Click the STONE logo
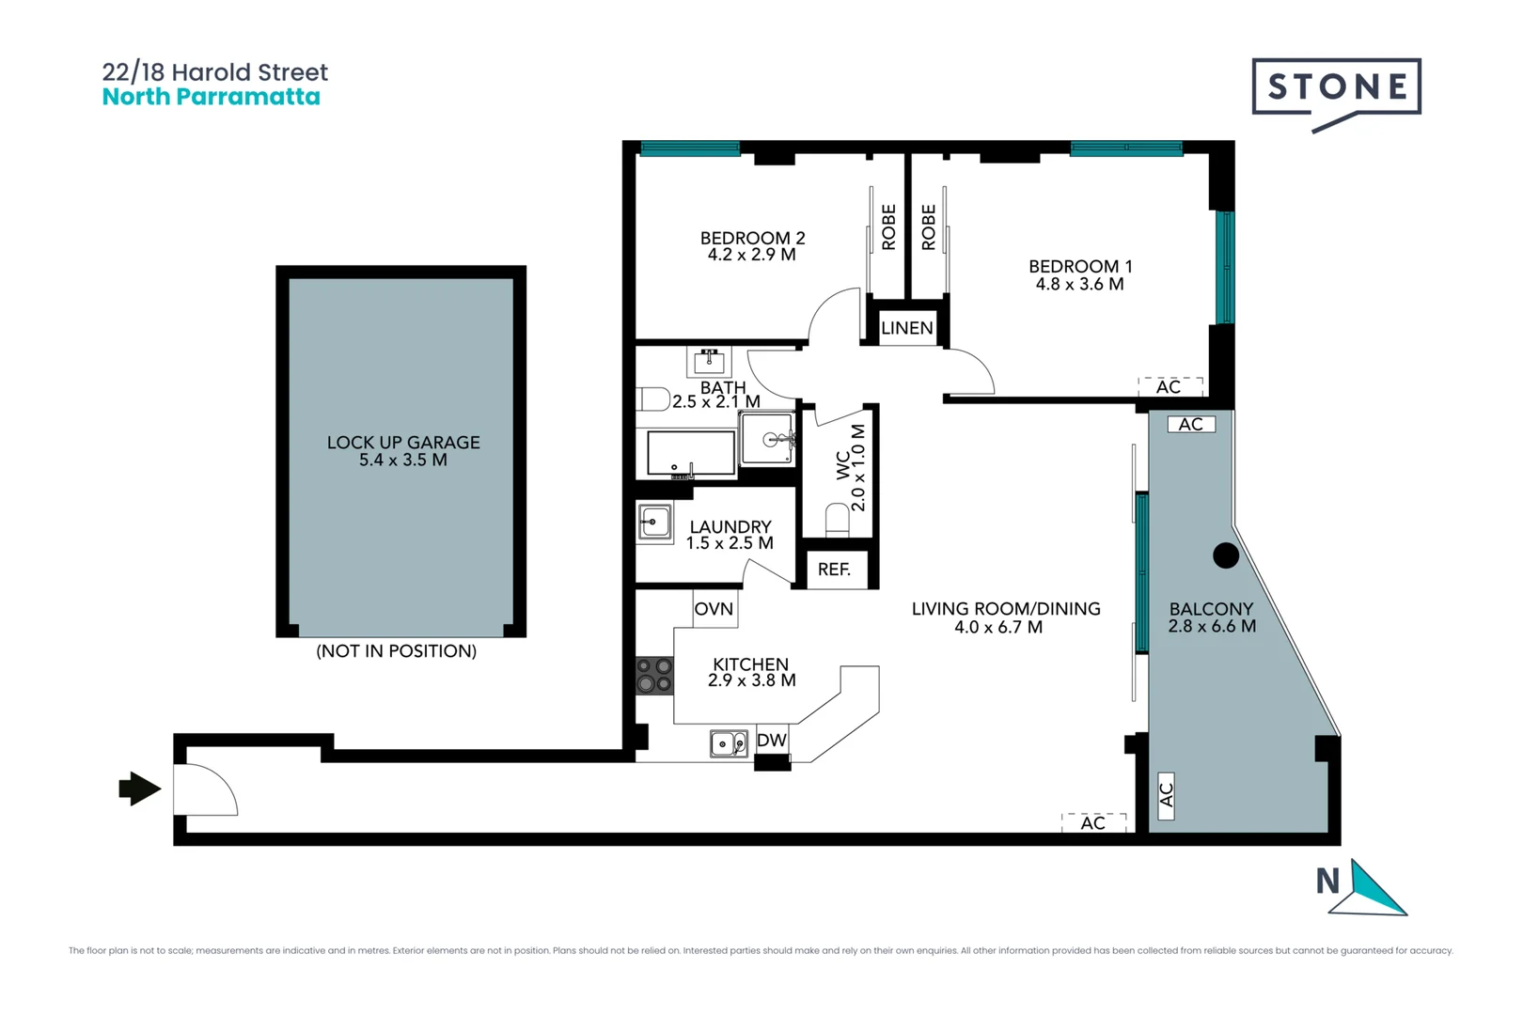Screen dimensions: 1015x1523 [x=1336, y=88]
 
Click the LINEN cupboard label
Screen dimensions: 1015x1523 [x=906, y=328]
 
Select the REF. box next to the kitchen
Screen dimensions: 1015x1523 [x=834, y=570]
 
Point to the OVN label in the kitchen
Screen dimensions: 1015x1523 [x=714, y=609]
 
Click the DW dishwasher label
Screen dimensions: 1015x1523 [x=771, y=741]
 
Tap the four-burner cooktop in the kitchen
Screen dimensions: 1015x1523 [x=654, y=675]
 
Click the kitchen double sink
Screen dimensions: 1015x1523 [x=729, y=744]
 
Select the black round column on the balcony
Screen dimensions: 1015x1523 [x=1226, y=555]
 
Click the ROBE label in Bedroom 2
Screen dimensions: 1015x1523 [x=888, y=227]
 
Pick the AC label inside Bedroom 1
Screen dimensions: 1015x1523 [x=1169, y=387]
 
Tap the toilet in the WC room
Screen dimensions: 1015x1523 [x=837, y=520]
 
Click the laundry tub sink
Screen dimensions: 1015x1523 [x=655, y=523]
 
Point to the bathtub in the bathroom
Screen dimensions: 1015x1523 [x=691, y=454]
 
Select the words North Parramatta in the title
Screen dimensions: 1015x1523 [x=211, y=97]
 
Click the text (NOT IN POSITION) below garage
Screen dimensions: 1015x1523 [x=396, y=651]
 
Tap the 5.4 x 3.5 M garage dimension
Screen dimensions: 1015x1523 [x=402, y=461]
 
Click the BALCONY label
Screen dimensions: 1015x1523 [x=1211, y=609]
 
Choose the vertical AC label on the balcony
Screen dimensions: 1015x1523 [x=1166, y=794]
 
